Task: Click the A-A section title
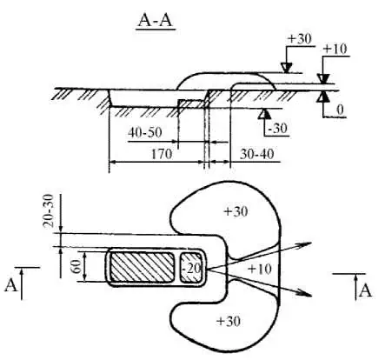pos(156,21)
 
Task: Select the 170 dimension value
pos(162,154)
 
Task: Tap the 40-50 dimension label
pos(145,133)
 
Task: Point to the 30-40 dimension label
pos(256,154)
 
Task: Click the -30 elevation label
pos(277,128)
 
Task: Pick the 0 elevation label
pos(340,110)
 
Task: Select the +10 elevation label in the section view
pos(335,49)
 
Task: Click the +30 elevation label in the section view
pos(300,39)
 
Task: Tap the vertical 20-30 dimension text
pos(49,210)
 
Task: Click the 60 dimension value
pos(76,267)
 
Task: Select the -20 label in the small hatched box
pos(191,269)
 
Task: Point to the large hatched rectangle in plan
pos(142,267)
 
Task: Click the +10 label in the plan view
pos(260,270)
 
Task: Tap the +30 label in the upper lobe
pos(236,211)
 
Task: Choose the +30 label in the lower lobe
pos(229,321)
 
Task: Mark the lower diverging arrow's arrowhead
pos(305,294)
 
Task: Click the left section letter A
pos(10,285)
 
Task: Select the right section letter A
pos(365,291)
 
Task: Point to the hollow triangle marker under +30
pos(287,68)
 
